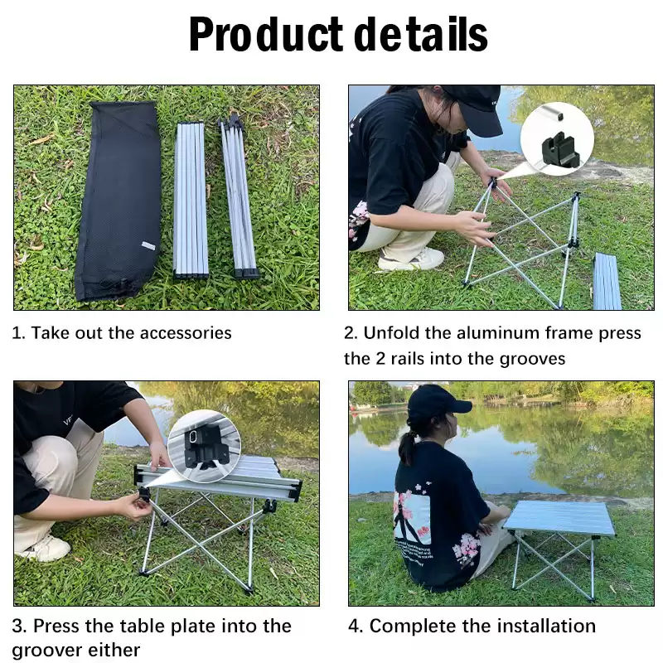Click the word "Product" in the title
(266, 35)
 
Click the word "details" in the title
(421, 34)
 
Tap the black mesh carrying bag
(118, 201)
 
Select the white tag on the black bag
(148, 245)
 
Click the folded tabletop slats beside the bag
(191, 200)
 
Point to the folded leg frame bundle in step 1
(239, 198)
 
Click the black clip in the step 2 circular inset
(559, 152)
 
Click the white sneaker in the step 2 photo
(411, 259)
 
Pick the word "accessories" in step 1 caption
(186, 333)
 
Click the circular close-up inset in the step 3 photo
(204, 446)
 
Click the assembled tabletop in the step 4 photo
(559, 517)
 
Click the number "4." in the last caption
(356, 627)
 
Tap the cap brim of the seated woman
(457, 406)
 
